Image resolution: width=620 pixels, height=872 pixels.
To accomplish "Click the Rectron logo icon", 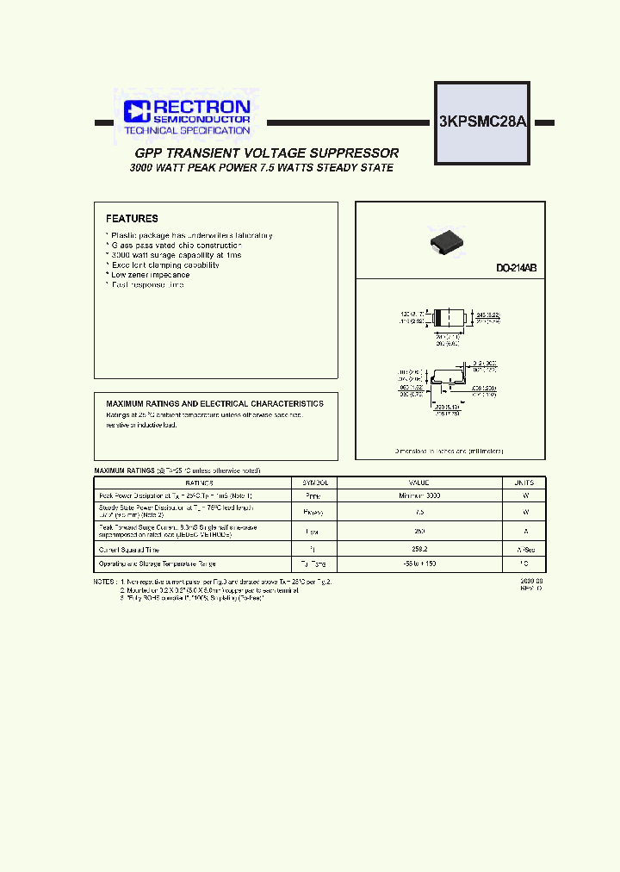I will point(137,109).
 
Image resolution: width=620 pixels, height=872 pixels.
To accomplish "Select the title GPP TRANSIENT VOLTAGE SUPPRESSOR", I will point(267,153).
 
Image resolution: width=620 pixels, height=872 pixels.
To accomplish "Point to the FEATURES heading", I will point(132,219).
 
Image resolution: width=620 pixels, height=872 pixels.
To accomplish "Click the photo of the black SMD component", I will point(449,242).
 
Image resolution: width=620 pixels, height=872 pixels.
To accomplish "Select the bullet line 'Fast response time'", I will point(147,284).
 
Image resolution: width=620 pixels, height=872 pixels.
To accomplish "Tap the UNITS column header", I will point(524,483).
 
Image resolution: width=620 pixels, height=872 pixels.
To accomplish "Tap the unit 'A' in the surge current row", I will point(524,531).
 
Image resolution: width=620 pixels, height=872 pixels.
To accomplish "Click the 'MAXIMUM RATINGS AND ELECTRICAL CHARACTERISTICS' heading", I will point(214,403).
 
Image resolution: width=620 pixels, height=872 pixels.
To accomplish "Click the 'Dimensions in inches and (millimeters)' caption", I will point(449,451).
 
